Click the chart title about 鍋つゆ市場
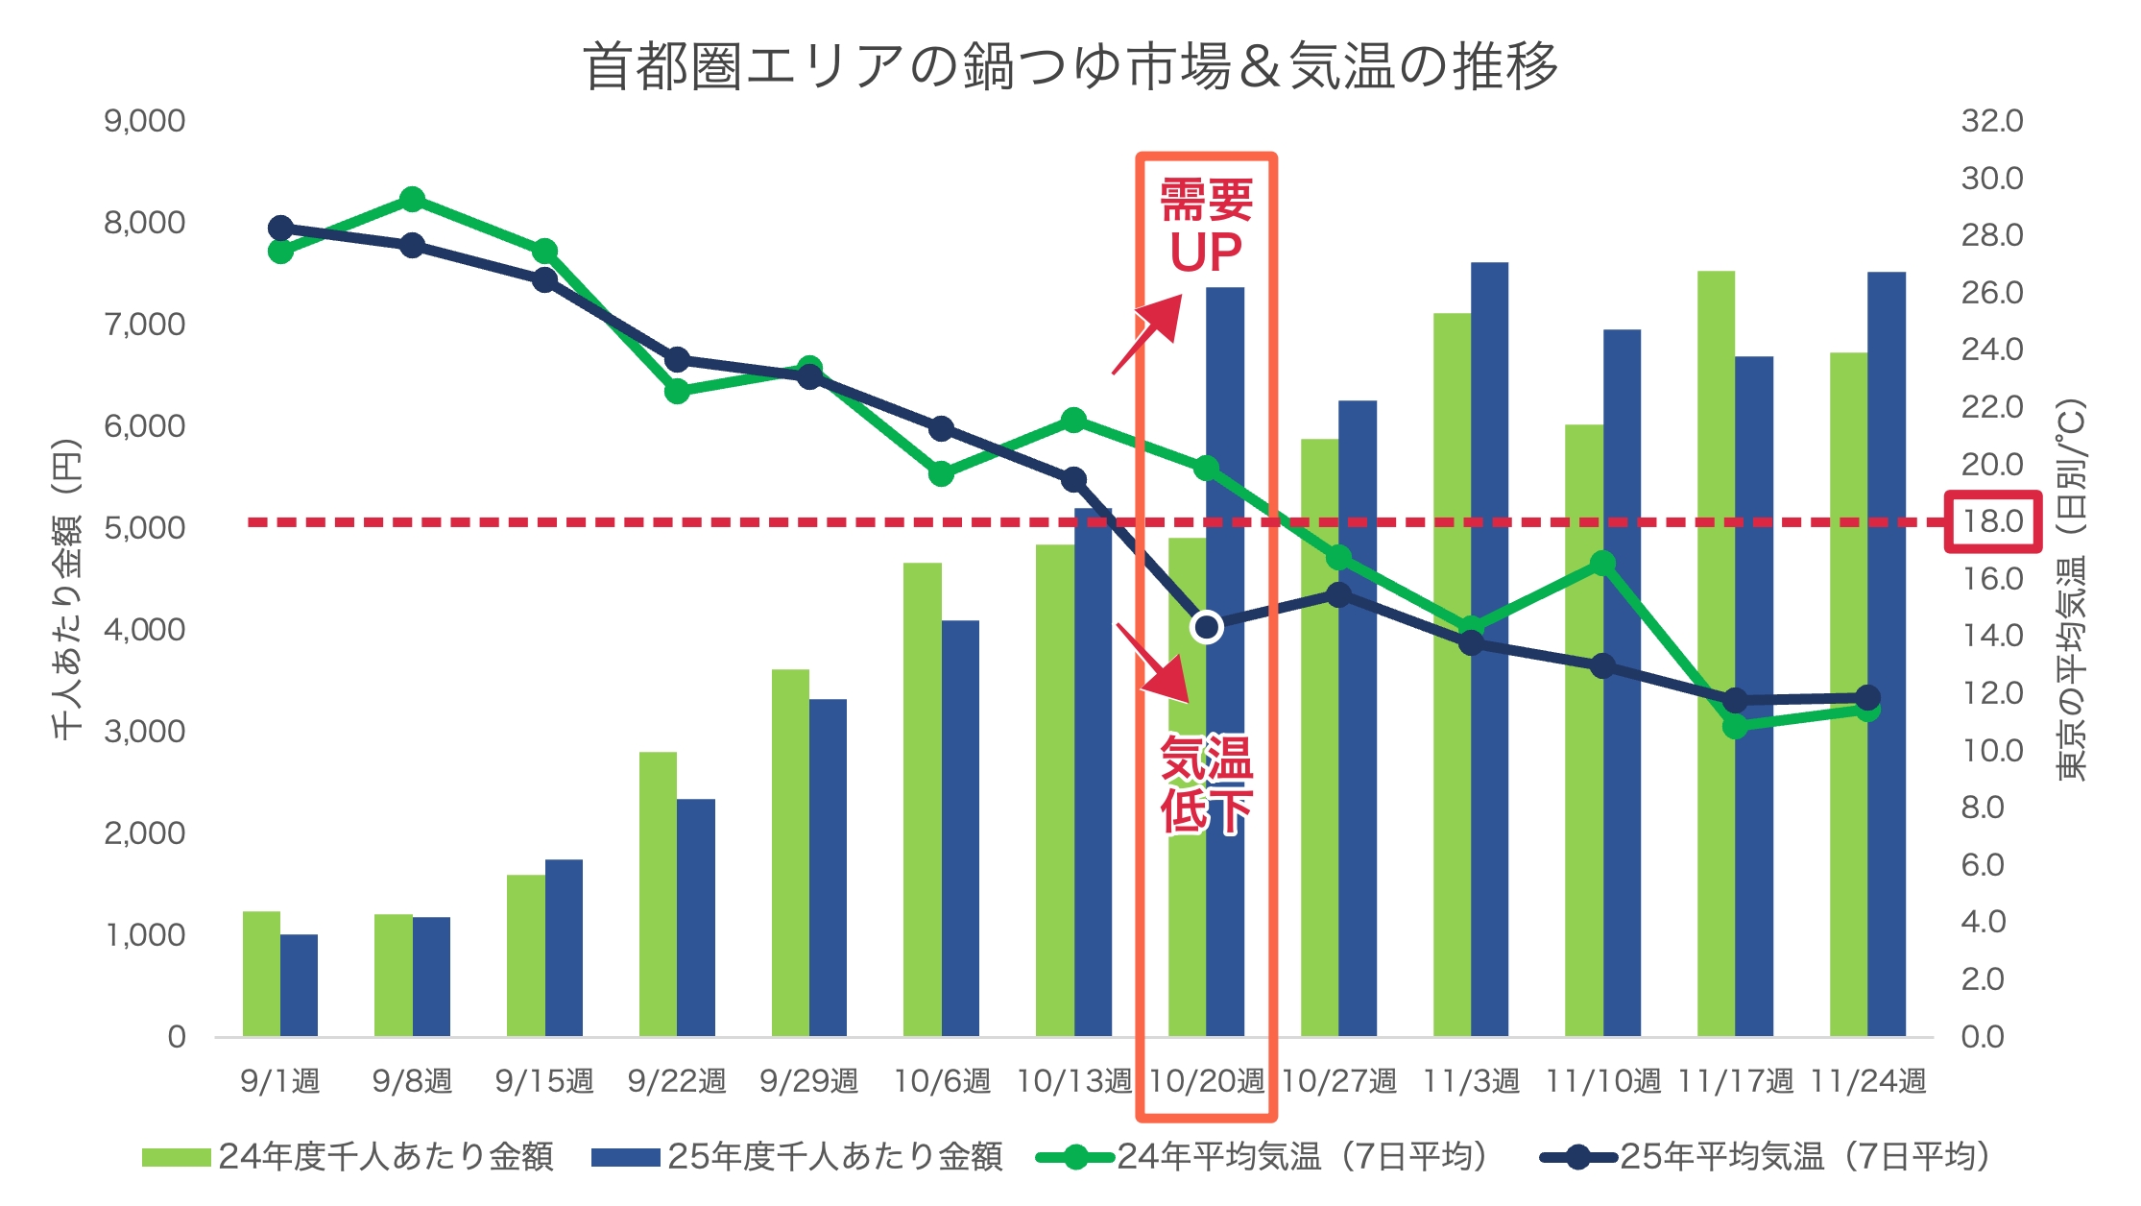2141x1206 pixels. [1070, 65]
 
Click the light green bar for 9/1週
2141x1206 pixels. [261, 974]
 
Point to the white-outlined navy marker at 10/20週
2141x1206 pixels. [1206, 627]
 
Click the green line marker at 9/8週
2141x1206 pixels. [412, 200]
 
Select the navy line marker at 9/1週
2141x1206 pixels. [280, 228]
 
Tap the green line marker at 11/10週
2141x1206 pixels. [1602, 564]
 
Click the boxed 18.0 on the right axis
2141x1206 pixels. [1993, 521]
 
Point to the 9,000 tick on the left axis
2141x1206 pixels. [144, 121]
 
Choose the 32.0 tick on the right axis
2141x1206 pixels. [1991, 121]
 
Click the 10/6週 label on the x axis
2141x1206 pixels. [941, 1081]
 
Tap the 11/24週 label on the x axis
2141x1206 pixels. [1867, 1081]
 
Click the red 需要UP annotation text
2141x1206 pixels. [1206, 227]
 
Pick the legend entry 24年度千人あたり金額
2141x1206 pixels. [348, 1156]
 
